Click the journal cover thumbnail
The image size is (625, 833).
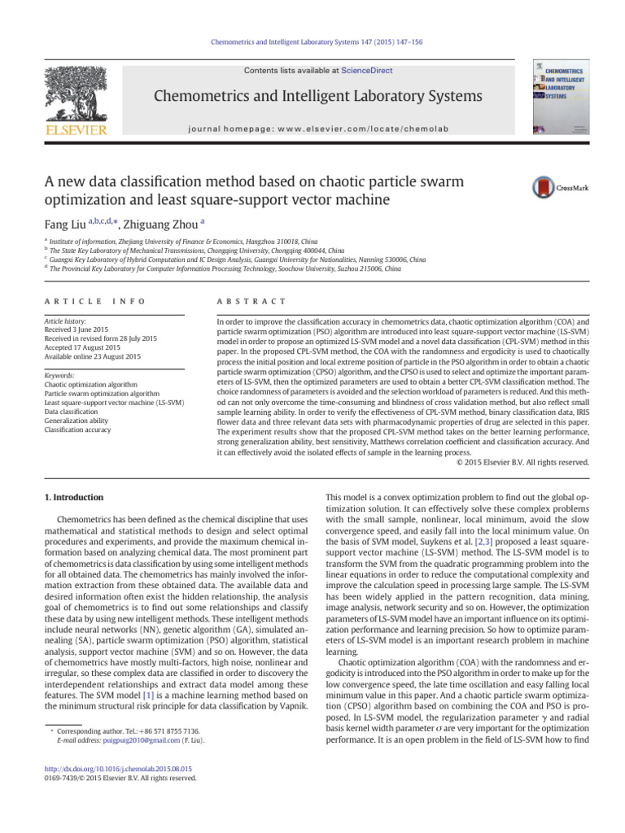pos(561,96)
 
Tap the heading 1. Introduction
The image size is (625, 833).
pos(72,496)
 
